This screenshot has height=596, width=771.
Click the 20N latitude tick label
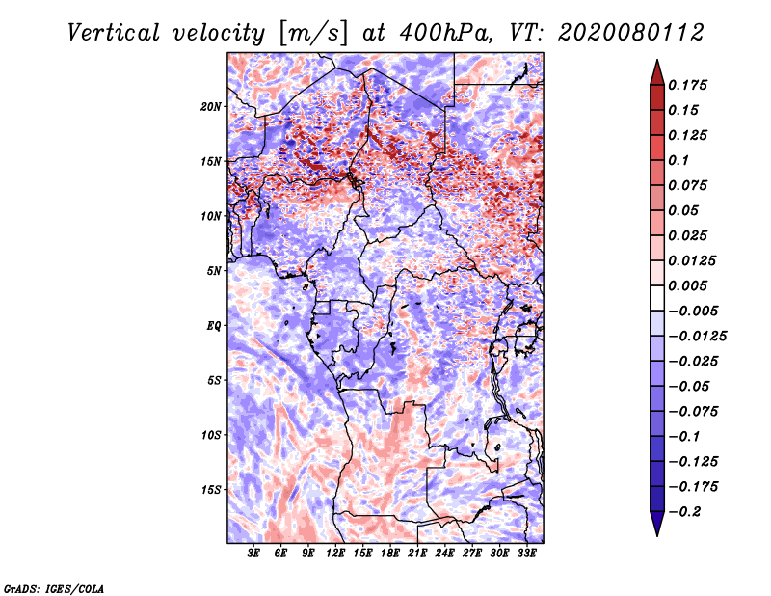[211, 106]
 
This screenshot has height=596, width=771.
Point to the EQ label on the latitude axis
[214, 325]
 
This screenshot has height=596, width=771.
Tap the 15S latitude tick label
[211, 489]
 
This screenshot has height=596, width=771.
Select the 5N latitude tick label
[214, 270]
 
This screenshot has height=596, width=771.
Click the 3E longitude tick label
[254, 554]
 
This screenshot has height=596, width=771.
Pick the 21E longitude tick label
[418, 554]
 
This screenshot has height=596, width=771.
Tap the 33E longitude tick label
[527, 554]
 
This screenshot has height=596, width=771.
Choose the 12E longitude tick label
[336, 554]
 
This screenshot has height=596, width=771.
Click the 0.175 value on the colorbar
[689, 85]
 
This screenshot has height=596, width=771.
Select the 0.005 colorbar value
[689, 285]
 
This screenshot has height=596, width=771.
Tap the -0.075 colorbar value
[693, 411]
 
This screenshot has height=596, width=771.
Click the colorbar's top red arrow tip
[655, 64]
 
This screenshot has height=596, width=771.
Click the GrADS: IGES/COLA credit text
[53, 587]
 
